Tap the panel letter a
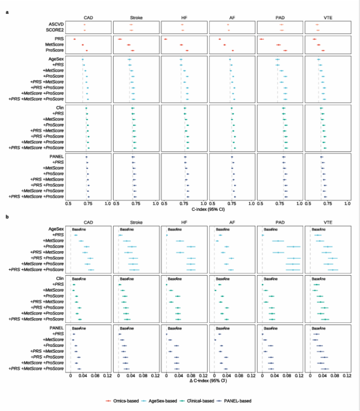click(7, 12)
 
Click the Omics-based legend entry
click(123, 401)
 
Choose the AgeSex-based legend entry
click(160, 401)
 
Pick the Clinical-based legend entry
click(199, 401)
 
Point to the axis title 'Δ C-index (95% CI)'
click(208, 381)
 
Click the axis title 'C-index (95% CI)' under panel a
click(208, 209)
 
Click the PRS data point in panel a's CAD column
click(74, 39)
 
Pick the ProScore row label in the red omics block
click(55, 50)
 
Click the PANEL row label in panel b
click(57, 328)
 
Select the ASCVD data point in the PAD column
click(281, 25)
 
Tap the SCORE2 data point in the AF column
click(229, 30)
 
